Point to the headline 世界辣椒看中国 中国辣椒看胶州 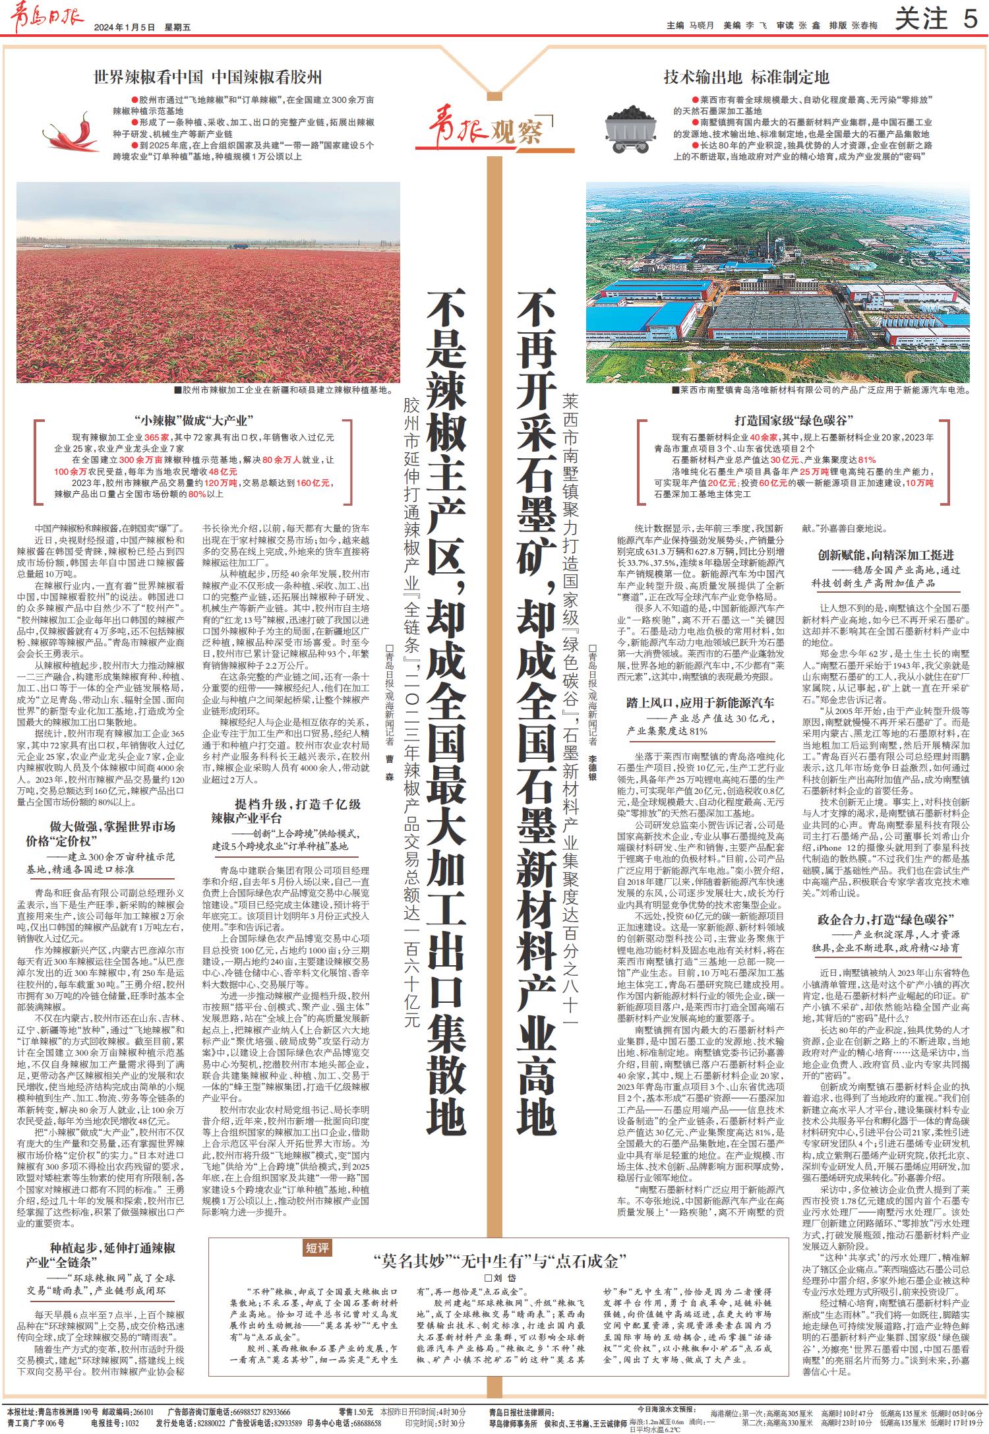tap(208, 77)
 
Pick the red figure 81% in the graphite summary tap(866, 459)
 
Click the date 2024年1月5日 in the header tap(124, 27)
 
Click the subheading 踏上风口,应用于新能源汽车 tap(700, 703)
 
